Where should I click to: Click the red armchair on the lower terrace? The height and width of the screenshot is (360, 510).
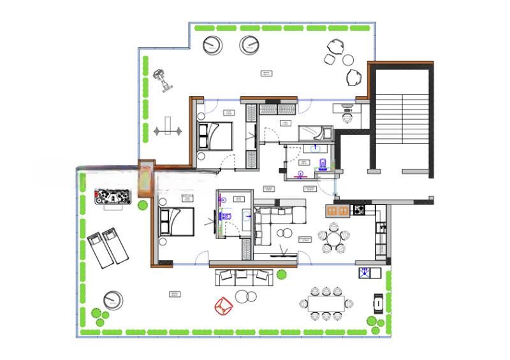[x=223, y=306]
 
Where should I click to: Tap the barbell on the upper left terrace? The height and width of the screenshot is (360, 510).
[x=168, y=131]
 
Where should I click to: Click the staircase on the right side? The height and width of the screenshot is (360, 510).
[x=401, y=119]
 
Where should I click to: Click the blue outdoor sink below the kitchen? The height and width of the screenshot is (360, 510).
[x=366, y=273]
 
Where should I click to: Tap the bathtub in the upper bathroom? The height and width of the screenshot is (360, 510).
[x=314, y=133]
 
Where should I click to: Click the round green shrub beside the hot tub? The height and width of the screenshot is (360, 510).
[x=142, y=205]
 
